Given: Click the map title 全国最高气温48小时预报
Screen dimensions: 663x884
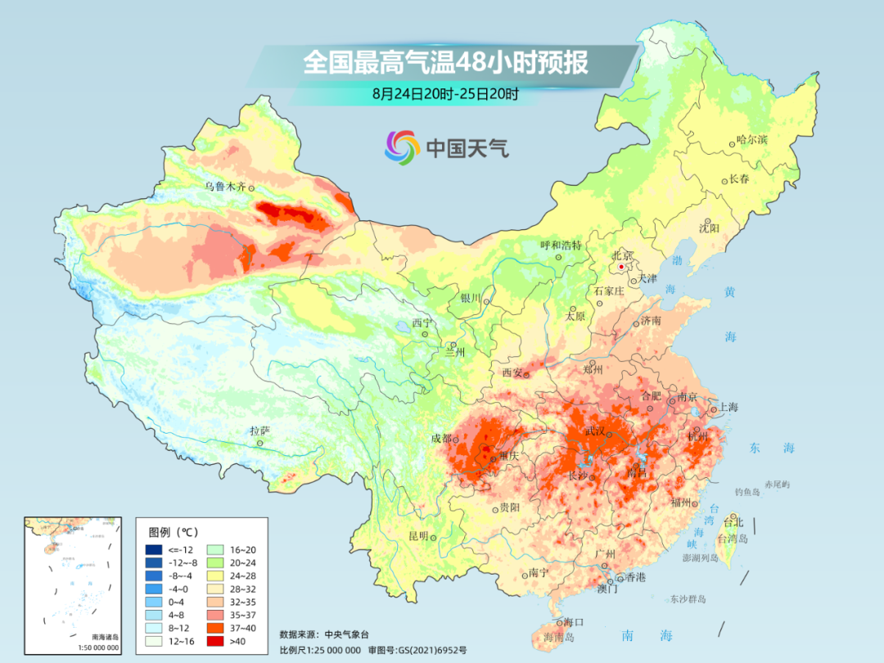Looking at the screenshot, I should tap(445, 62).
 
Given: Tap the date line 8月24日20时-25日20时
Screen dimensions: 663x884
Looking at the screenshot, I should tap(445, 93).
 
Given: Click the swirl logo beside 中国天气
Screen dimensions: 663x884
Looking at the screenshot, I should tap(402, 147).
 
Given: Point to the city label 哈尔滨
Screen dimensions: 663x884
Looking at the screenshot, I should tap(751, 140).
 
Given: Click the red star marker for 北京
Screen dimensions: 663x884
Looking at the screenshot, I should tap(622, 267).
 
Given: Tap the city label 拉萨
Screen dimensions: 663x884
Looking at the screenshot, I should tap(259, 431).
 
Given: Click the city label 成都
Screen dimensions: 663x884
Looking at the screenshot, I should tap(441, 438).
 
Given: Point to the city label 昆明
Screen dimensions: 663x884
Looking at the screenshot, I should tap(418, 536).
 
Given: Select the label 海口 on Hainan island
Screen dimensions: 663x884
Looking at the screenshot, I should tap(574, 623).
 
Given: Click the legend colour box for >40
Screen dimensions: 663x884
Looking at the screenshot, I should tap(154, 640).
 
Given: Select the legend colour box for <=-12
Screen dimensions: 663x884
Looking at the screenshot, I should tap(154, 549).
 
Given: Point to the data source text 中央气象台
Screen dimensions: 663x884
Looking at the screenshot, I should tap(347, 634).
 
